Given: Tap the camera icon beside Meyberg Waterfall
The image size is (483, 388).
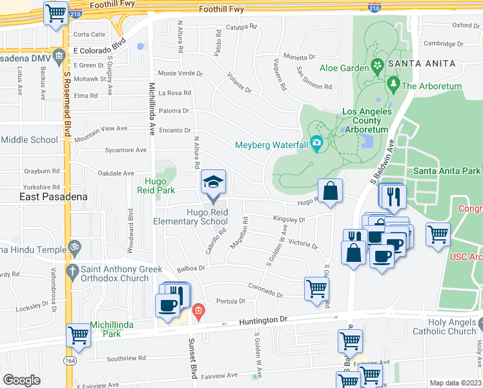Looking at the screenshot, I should click(x=316, y=143).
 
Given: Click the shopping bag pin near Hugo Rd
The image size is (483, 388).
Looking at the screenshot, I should click(x=330, y=191).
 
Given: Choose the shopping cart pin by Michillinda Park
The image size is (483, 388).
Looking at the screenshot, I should click(x=78, y=335).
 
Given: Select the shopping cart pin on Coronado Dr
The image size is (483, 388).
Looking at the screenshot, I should click(x=316, y=288).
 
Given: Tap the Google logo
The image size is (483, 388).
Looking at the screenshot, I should click(x=21, y=380).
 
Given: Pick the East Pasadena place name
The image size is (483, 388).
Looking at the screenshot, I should click(x=44, y=197).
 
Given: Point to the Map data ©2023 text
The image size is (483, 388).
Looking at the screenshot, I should click(x=455, y=383).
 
